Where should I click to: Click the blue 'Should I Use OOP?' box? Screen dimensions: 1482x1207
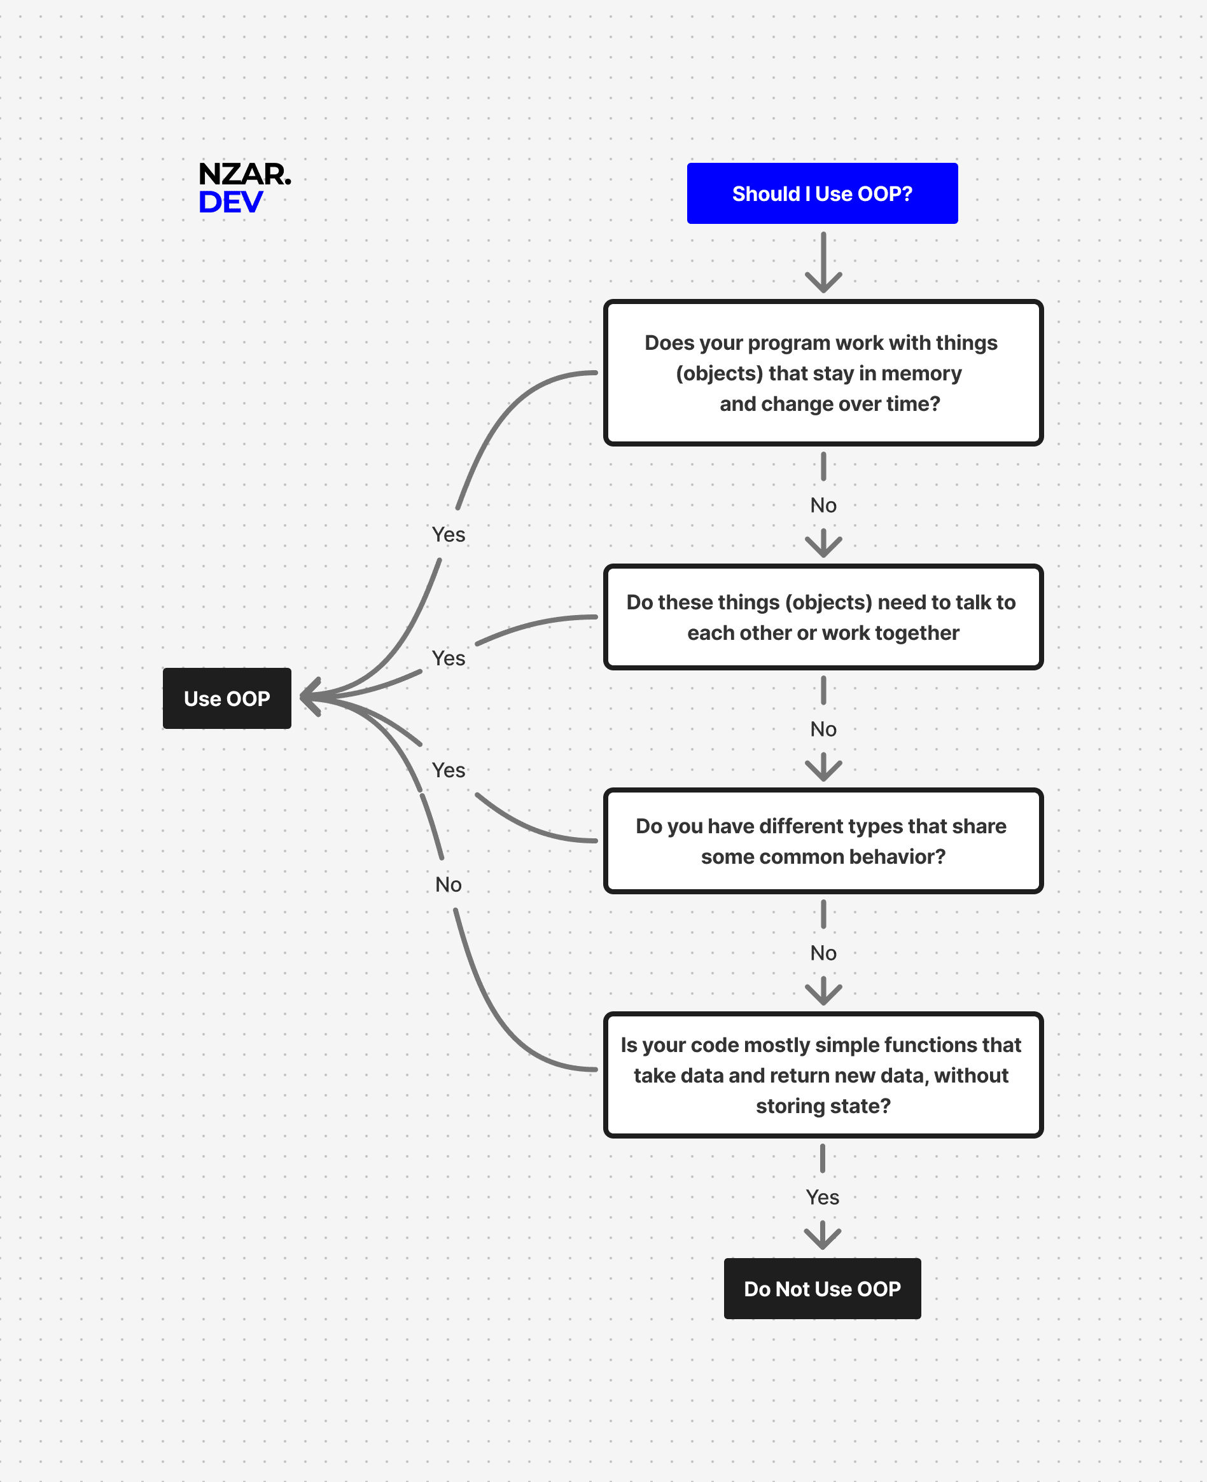(x=822, y=193)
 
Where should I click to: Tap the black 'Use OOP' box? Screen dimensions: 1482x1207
(x=227, y=698)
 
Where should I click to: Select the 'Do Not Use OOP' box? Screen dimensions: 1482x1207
(x=822, y=1289)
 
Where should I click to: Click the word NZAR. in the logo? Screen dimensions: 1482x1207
(x=244, y=174)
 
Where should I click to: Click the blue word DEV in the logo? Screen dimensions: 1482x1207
(x=230, y=202)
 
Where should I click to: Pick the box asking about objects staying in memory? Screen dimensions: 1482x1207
(x=823, y=373)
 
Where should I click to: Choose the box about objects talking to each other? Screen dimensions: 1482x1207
(x=823, y=617)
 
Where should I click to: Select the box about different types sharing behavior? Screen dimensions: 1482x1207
(x=823, y=841)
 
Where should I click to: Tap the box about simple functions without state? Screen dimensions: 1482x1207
(x=823, y=1075)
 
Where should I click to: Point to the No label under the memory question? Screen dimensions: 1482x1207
(x=823, y=506)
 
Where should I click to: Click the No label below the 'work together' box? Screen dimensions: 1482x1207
(x=823, y=729)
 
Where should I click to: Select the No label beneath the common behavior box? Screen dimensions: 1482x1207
(x=823, y=953)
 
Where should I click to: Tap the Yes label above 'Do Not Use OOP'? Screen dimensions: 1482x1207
(x=822, y=1197)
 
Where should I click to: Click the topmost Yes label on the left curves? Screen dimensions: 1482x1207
(x=449, y=534)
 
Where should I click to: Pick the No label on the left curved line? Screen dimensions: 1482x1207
(x=449, y=884)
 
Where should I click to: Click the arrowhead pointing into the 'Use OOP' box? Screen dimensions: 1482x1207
(x=309, y=696)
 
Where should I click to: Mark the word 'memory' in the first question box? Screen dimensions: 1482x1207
(x=921, y=373)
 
